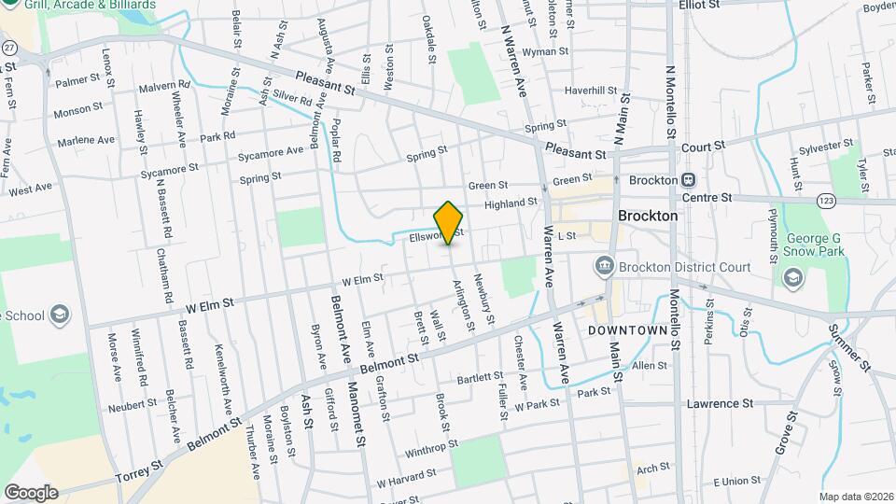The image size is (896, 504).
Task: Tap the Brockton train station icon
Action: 688,180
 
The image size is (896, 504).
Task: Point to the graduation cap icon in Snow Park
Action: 792,277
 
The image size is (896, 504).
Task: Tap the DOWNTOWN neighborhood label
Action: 626,330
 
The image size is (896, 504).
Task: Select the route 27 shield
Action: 9,47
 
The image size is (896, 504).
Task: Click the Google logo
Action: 30,492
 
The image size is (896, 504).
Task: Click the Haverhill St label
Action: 591,91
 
